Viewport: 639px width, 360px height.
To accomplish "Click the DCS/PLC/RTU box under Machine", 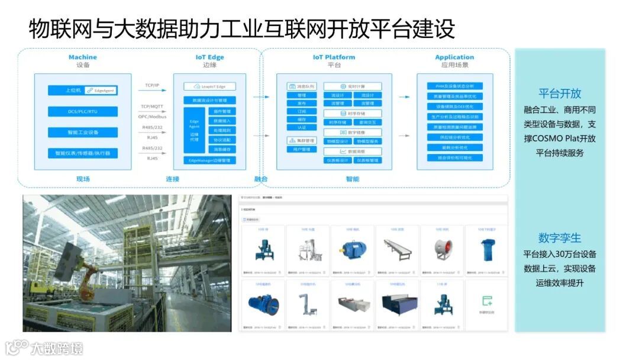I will tap(83, 111).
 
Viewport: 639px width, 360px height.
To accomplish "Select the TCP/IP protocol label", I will tap(152, 85).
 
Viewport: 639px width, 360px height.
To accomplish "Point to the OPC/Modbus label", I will tap(152, 117).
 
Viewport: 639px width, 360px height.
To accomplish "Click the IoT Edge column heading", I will tap(209, 57).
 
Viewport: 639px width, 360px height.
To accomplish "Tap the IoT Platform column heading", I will tap(334, 57).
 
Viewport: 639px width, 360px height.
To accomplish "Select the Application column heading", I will tap(454, 57).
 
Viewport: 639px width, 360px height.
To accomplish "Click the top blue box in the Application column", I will tap(454, 86).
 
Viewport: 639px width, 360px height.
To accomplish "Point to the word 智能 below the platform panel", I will tap(352, 178).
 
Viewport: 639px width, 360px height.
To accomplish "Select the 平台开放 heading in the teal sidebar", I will tap(559, 94).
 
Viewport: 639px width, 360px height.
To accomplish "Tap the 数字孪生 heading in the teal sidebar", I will tap(559, 238).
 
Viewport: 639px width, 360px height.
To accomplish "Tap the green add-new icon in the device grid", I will tap(487, 301).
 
